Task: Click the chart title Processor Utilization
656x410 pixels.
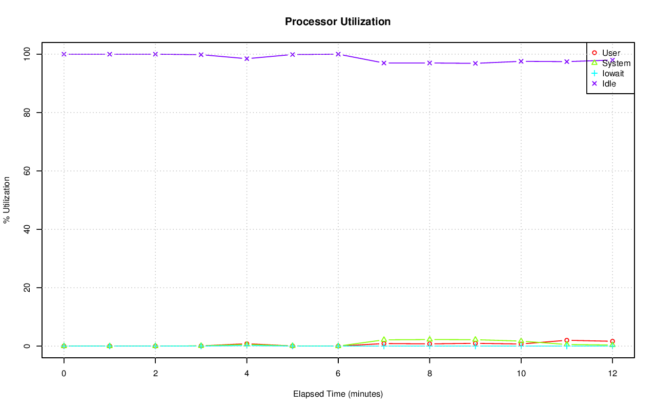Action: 338,21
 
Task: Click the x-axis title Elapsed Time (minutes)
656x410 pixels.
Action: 338,394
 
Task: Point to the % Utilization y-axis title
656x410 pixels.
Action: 7,200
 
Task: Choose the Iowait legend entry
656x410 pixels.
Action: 613,73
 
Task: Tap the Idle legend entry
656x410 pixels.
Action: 609,83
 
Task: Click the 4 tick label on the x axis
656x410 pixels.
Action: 247,374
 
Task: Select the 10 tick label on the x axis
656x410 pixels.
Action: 521,374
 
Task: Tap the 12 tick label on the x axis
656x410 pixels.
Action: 612,374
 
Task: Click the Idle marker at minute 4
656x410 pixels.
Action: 247,58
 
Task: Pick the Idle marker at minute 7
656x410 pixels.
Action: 384,63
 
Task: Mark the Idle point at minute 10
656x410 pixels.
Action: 521,61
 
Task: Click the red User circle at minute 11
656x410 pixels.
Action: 566,340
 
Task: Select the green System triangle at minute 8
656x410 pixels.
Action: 429,339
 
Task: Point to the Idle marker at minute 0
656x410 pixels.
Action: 64,54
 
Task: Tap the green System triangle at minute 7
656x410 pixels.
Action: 384,340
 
